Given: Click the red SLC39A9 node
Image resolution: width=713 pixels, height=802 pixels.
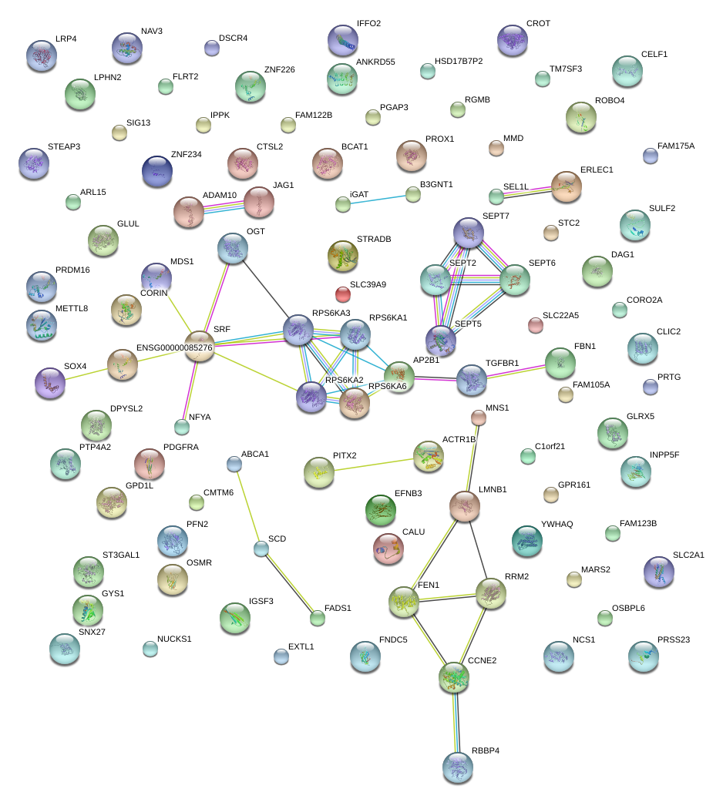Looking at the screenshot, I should [343, 294].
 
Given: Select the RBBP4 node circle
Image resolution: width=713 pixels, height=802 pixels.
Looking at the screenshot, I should [458, 767].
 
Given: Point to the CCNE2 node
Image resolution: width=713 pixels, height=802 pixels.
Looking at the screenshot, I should [454, 676].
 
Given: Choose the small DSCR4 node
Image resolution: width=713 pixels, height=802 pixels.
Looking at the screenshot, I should [212, 48].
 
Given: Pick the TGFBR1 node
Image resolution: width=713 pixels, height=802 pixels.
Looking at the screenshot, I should [471, 380].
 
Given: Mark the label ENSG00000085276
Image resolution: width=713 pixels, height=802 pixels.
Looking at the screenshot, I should [174, 347].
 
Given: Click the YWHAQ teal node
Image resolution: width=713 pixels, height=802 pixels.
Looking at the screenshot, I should [526, 541].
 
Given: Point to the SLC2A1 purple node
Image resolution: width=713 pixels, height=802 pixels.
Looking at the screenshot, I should [658, 571].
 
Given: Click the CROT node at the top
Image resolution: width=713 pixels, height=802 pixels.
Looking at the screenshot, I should [513, 40].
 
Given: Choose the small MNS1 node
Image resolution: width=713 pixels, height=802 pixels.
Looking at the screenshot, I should [479, 418].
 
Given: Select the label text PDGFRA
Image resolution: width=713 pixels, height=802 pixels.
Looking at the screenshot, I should [181, 447].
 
